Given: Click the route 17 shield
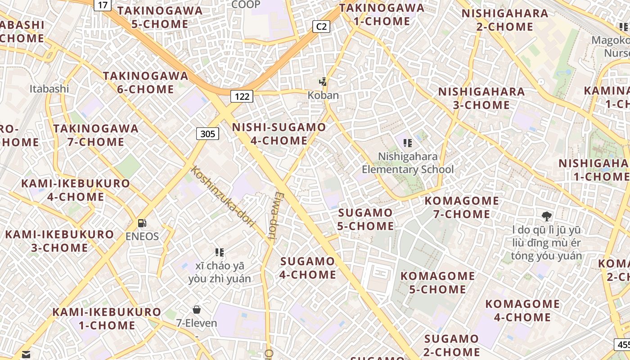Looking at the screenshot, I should [103, 5].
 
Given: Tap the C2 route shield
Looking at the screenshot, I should [321, 27].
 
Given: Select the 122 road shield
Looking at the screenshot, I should [242, 96].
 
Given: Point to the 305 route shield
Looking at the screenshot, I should [207, 134].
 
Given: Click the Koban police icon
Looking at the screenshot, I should [323, 82].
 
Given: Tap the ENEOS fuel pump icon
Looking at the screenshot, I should [142, 223].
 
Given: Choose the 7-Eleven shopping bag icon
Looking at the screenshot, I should [196, 310].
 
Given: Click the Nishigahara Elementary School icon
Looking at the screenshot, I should [408, 143].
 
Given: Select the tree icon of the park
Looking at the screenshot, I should [547, 216].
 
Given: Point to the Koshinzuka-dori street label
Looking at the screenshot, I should [223, 197].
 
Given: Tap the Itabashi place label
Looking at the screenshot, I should [49, 89].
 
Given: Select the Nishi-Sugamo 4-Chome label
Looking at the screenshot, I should [279, 134].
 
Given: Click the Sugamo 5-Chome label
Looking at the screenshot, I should [365, 219].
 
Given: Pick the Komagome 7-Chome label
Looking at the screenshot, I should [462, 207].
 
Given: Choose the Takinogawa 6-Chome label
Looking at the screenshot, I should [145, 82].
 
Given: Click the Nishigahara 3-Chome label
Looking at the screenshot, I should [481, 99].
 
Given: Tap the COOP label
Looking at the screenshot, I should [246, 4].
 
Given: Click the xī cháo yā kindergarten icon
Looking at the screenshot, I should [220, 252].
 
